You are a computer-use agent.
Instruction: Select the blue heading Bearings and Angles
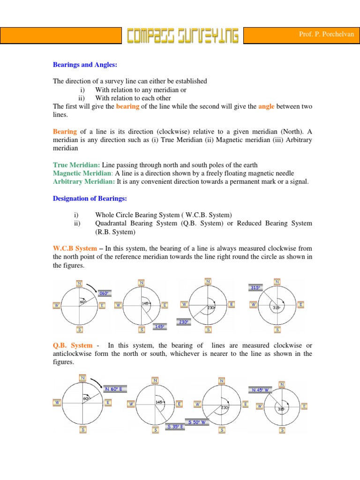pyautogui.click(x=84, y=65)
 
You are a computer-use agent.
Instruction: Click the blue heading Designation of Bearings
pyautogui.click(x=90, y=198)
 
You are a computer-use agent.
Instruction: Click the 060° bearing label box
pyautogui.click(x=104, y=293)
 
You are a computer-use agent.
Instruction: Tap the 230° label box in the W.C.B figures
pyautogui.click(x=183, y=322)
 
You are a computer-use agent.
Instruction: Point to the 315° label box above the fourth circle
pyautogui.click(x=255, y=288)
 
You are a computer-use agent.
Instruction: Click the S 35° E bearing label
pyautogui.click(x=175, y=427)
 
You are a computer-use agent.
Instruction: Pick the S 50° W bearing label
pyautogui.click(x=197, y=422)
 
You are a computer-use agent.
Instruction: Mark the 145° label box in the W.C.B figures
pyautogui.click(x=159, y=326)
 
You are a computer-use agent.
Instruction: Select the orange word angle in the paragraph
pyautogui.click(x=266, y=106)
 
